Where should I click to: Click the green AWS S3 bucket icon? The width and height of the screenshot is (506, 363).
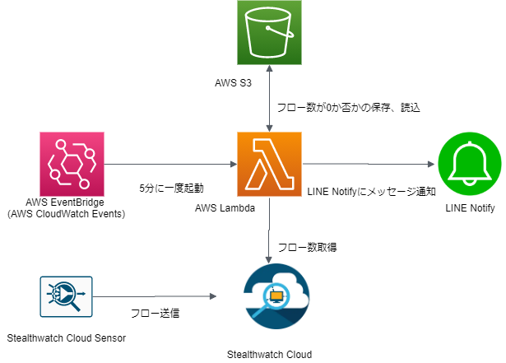pyautogui.click(x=270, y=34)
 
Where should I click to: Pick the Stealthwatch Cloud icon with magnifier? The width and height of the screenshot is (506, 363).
pyautogui.click(x=276, y=296)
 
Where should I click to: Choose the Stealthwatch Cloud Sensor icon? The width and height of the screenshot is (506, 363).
pyautogui.click(x=67, y=296)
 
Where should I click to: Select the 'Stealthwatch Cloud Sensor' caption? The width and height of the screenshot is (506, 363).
pyautogui.click(x=69, y=338)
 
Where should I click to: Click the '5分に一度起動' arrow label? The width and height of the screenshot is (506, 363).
pyautogui.click(x=169, y=187)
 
